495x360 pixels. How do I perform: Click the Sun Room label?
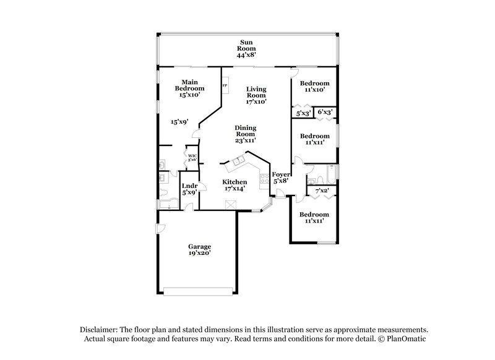coord(247,49)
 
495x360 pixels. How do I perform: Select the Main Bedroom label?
coord(189,88)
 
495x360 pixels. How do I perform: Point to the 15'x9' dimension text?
coord(179,122)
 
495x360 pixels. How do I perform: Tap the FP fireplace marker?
coord(225,85)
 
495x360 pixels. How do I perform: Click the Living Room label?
coord(256,95)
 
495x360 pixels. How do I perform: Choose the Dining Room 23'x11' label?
coord(245,134)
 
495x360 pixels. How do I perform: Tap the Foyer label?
coord(281,177)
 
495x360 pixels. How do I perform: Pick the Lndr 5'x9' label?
coord(189,189)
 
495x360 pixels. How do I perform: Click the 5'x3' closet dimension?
coord(303,113)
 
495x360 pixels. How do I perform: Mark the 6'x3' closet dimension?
coord(325,113)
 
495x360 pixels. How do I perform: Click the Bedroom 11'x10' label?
coord(314,87)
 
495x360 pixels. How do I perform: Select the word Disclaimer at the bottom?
coord(98,330)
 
